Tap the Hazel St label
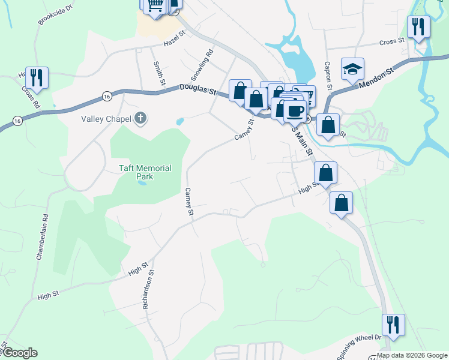(176, 40)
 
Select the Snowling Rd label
(202, 65)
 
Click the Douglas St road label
(197, 90)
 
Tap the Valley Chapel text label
(106, 118)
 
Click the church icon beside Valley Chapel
(140, 118)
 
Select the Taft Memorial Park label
(144, 172)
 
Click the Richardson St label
(148, 289)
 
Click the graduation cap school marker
(353, 69)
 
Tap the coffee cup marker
(295, 111)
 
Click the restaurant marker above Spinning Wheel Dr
(393, 325)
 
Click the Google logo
(19, 353)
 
